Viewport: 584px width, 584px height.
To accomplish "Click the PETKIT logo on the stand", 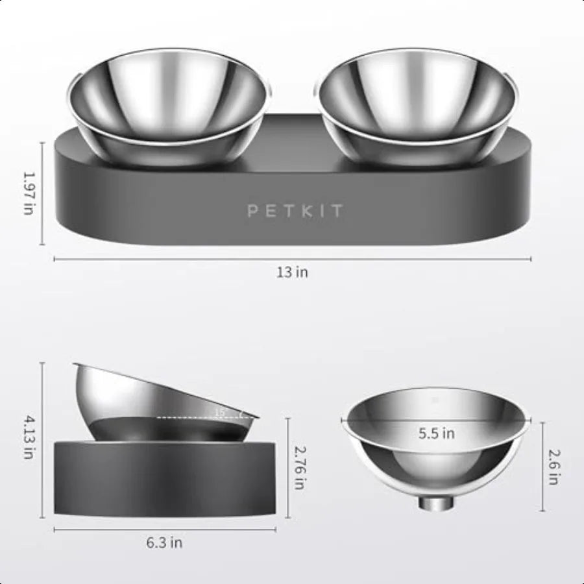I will [294, 211].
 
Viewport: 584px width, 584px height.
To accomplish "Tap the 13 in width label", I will [293, 272].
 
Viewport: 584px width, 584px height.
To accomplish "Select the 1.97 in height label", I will [27, 193].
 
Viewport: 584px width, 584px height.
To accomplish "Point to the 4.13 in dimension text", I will [27, 437].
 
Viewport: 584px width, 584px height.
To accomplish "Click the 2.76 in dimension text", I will [299, 467].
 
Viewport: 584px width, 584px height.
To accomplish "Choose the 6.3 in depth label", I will [164, 542].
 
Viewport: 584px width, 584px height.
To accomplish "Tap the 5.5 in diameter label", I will [436, 433].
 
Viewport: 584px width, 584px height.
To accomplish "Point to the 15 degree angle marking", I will [219, 412].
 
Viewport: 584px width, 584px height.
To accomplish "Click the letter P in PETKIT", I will [252, 211].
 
